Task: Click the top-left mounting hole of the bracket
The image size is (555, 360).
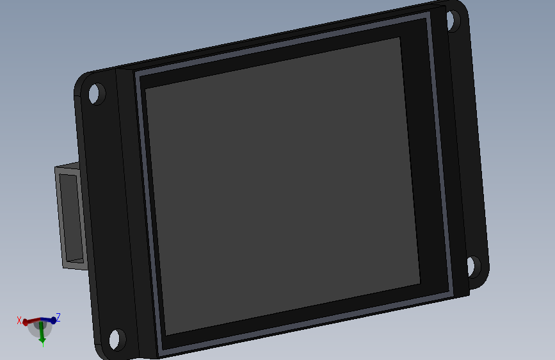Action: pos(97,94)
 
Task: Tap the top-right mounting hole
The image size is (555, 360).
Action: pos(453,20)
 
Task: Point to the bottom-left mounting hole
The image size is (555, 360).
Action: pos(117,339)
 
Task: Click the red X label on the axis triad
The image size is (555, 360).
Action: pos(19,320)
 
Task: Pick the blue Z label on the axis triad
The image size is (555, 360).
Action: pos(58,317)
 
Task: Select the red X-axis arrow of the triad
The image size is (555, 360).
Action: pos(29,322)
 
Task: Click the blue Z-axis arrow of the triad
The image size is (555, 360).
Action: pos(51,320)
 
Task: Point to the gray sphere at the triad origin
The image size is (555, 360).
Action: pos(40,325)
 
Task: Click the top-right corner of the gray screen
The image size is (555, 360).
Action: pos(399,38)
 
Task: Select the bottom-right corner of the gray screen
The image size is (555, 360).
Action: pos(420,284)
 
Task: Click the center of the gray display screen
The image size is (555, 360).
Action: pos(282,186)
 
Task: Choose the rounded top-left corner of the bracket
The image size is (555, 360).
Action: pos(81,82)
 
